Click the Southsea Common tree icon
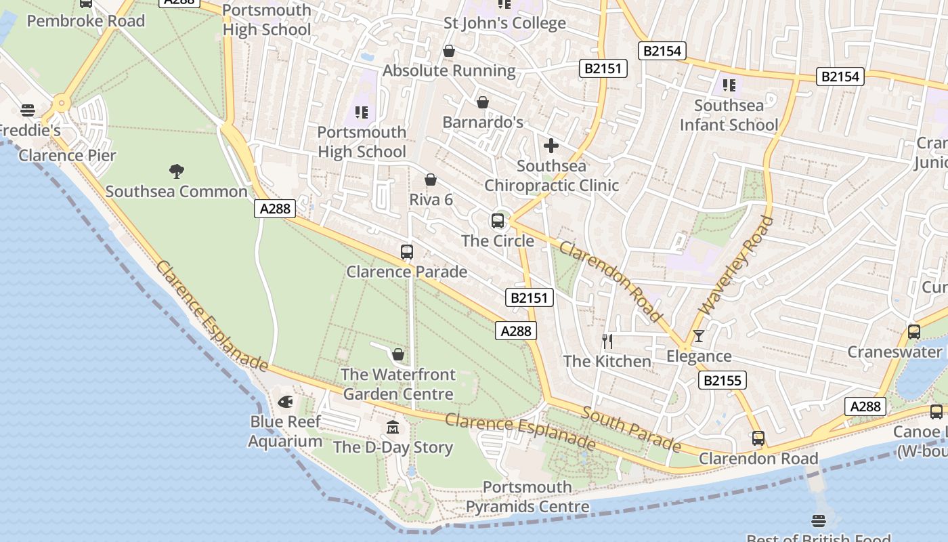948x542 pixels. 177,171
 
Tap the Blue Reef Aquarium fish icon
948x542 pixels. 286,401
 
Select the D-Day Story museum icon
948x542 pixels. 393,428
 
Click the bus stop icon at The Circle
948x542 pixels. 497,220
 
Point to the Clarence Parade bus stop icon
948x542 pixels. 406,252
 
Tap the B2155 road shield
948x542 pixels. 723,380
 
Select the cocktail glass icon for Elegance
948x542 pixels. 699,336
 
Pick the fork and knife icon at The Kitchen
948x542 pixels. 607,341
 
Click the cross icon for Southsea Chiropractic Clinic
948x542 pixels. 551,145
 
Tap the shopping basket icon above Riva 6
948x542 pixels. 431,180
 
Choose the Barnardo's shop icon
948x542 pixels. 483,102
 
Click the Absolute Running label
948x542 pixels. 449,70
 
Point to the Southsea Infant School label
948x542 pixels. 729,115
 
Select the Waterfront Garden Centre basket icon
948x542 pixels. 398,354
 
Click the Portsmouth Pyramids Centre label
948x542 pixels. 527,497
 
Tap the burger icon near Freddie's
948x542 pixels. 28,110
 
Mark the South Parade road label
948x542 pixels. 631,430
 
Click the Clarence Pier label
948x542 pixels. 67,155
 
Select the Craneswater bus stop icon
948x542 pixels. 913,332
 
